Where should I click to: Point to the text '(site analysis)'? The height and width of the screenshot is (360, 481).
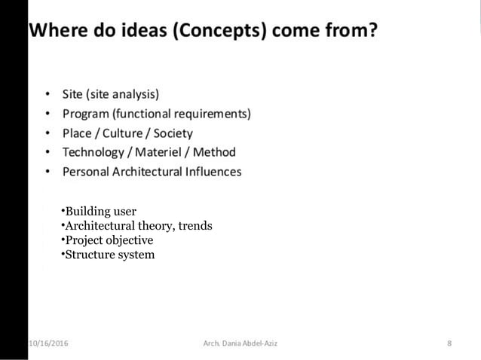[x=122, y=95]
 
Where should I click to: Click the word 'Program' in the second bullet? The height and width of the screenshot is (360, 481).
[x=87, y=114]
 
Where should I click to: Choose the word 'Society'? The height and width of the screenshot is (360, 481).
[x=173, y=133]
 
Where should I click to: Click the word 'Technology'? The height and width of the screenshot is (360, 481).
[x=93, y=152]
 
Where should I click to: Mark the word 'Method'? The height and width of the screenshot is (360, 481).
[x=215, y=152]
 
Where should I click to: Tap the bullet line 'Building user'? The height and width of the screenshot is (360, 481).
[x=99, y=212]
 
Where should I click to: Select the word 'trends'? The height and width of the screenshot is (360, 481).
[x=195, y=226]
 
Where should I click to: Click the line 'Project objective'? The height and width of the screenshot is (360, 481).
[x=107, y=240]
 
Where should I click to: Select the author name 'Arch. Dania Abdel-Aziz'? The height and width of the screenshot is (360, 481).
[x=240, y=344]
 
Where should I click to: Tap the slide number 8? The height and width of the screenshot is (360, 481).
[x=449, y=344]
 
